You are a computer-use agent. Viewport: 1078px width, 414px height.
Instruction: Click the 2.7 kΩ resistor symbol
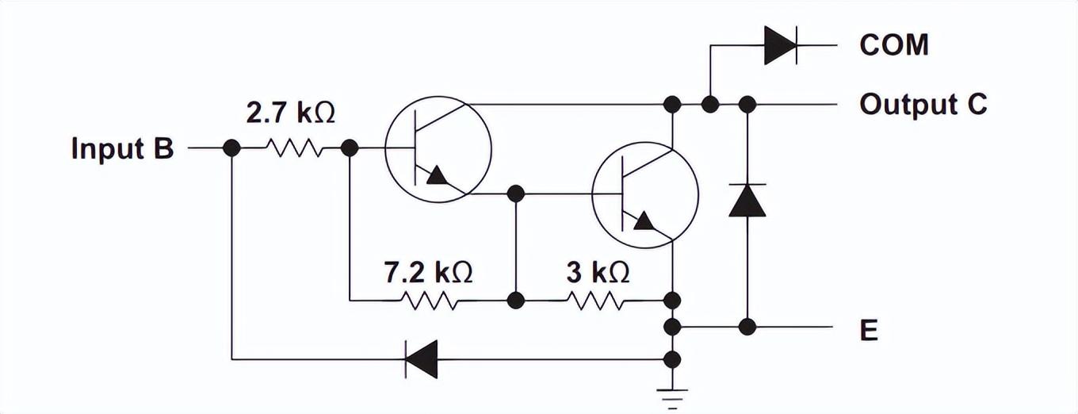coord(292,148)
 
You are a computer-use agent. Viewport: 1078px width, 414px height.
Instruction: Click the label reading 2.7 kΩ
coord(290,113)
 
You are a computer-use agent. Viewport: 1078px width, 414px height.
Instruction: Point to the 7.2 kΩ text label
coord(428,272)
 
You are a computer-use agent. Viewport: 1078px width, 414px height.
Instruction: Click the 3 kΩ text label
coord(598,272)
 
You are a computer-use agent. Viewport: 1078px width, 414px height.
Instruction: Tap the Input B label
coord(122,148)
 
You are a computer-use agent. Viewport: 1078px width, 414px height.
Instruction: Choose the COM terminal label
coord(893,45)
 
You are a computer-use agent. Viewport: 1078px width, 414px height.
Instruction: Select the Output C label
coord(923,104)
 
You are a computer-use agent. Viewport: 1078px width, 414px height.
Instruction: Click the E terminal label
coord(869,331)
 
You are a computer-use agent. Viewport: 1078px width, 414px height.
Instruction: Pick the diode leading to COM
coord(781,45)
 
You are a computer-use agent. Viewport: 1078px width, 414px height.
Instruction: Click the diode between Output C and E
coord(747,200)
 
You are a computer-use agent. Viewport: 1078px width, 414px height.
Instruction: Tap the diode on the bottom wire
coord(421,359)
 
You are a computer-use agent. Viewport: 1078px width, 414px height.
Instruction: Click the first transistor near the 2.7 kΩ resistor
coord(438,148)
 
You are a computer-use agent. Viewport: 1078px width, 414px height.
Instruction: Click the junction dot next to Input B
coord(231,148)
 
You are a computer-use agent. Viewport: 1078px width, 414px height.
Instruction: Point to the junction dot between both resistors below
coord(515,301)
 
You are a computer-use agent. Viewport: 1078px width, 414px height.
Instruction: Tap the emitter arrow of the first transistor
coord(436,175)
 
